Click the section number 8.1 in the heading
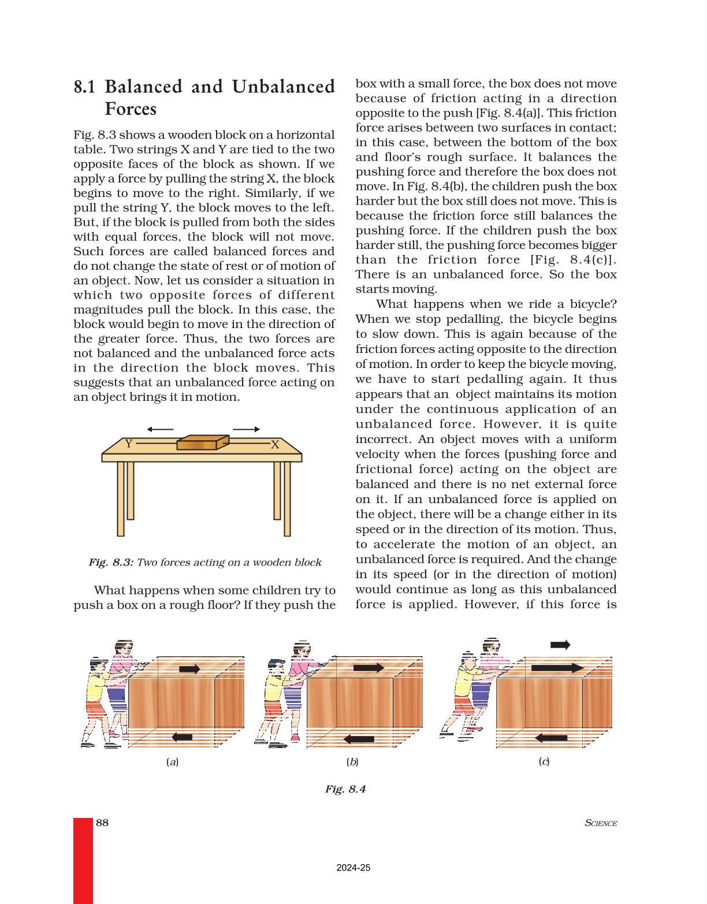click(x=84, y=87)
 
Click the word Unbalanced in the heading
click(x=283, y=87)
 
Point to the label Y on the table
click(x=129, y=444)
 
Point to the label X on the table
click(x=275, y=444)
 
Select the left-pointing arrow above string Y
click(x=160, y=429)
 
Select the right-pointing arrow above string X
click(x=246, y=429)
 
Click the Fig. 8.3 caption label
click(x=111, y=562)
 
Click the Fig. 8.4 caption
click(x=345, y=789)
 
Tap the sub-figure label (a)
click(x=172, y=762)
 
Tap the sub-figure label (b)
click(x=352, y=762)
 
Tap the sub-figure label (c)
click(x=544, y=761)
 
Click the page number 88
click(x=102, y=823)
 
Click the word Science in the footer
click(x=601, y=823)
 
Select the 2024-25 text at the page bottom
click(x=353, y=868)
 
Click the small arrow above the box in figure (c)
click(x=560, y=645)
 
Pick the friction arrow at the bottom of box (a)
click(x=183, y=737)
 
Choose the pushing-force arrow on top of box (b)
click(x=368, y=668)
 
